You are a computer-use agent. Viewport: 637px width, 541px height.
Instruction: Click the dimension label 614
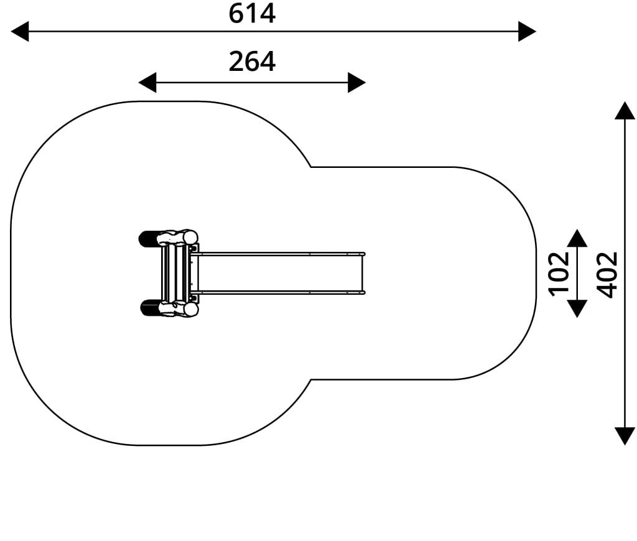252,14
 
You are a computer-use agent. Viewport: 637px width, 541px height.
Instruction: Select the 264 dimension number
252,62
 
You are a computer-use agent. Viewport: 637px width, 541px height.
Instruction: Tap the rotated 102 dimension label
559,274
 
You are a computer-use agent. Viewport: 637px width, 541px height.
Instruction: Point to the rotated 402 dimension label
607,275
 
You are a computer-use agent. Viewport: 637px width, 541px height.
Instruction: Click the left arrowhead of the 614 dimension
19,31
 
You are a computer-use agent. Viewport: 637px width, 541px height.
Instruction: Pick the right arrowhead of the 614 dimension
528,31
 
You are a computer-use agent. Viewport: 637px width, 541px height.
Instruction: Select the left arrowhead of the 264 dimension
147,83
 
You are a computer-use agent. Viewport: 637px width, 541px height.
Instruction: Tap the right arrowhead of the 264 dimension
356,83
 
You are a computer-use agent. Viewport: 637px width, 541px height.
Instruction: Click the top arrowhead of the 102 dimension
577,238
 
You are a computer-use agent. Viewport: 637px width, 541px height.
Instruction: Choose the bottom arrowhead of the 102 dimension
577,308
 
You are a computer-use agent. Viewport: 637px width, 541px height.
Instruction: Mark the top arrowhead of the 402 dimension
625,111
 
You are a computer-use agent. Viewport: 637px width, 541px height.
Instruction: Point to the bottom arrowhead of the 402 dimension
625,436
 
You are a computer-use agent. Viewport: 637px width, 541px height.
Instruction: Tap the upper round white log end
190,237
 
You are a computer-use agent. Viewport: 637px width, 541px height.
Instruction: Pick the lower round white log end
190,310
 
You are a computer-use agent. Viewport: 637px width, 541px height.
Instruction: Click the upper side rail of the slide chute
278,254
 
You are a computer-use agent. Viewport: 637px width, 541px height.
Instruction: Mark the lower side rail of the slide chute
278,292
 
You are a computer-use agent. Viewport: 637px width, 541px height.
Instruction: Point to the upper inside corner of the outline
311,167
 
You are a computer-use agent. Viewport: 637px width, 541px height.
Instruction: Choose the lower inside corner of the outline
311,380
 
